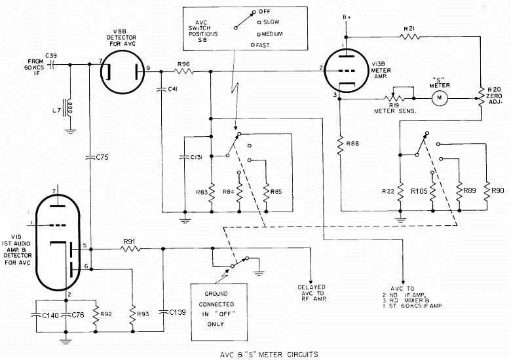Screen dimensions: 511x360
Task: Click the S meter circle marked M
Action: (440, 98)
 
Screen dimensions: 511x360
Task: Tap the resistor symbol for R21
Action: (409, 37)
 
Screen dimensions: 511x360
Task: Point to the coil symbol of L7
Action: (69, 109)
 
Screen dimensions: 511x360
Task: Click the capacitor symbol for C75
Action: (90, 158)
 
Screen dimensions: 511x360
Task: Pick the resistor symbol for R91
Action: (130, 249)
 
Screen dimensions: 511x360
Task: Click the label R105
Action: (419, 191)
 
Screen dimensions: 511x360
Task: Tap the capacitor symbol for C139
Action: (163, 312)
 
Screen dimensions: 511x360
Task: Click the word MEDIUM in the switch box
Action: (272, 34)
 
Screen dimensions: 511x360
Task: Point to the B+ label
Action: (347, 17)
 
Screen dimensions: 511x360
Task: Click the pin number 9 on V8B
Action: (148, 68)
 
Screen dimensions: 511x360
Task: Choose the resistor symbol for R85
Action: (267, 193)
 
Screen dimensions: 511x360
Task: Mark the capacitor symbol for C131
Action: (185, 158)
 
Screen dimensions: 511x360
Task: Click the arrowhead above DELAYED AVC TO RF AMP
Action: (311, 281)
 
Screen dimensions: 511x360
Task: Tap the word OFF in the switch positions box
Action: (265, 12)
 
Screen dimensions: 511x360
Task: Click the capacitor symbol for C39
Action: (52, 65)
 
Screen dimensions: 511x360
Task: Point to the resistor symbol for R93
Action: (132, 314)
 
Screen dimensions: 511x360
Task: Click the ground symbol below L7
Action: (70, 132)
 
